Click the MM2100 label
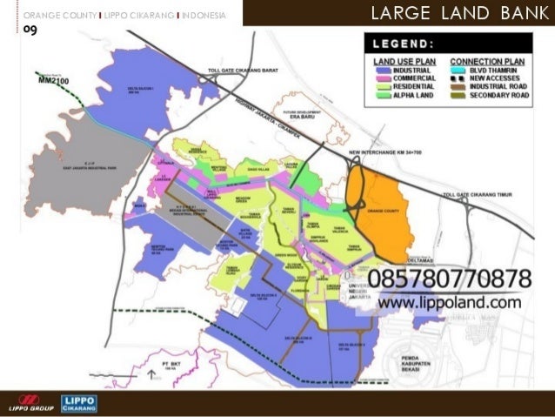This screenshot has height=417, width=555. point(54,78)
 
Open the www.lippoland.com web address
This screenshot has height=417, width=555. point(449,302)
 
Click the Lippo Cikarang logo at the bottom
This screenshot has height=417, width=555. point(79,403)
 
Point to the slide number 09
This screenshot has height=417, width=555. point(29,30)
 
